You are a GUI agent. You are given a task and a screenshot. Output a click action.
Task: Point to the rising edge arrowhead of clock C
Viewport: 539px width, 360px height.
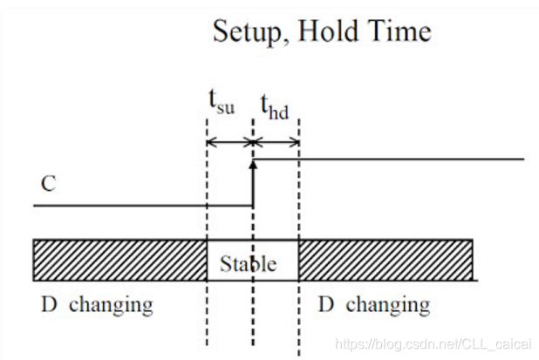click(254, 163)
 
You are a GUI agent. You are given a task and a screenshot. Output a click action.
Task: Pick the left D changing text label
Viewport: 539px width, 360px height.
click(97, 305)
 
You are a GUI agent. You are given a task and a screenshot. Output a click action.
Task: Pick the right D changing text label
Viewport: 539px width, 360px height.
click(373, 305)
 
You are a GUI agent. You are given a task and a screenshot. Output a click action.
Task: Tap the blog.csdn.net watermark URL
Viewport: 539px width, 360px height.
click(433, 344)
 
